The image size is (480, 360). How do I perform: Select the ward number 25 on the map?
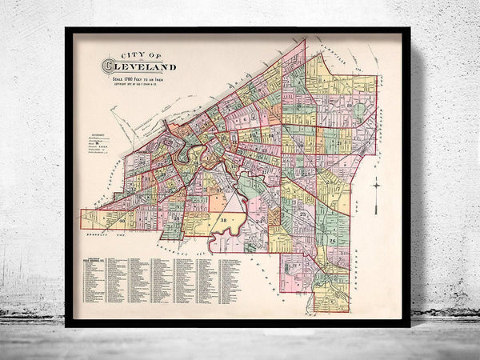[x=303, y=216]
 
